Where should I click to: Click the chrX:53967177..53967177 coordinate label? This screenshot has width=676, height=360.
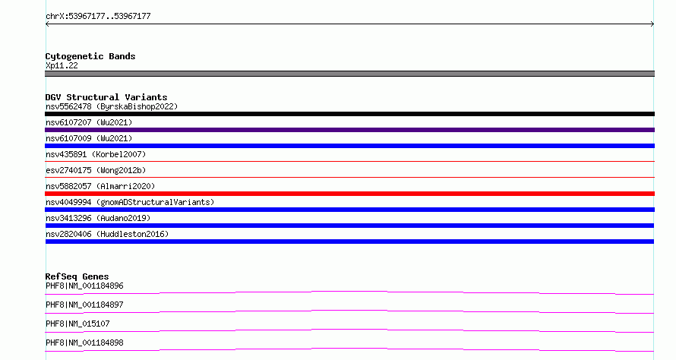pos(98,17)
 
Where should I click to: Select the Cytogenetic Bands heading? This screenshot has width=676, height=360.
pos(90,56)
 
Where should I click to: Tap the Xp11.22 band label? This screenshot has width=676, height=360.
pos(62,65)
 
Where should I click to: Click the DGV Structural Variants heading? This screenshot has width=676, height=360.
pos(106,97)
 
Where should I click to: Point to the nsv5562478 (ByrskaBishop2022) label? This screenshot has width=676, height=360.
pos(112,106)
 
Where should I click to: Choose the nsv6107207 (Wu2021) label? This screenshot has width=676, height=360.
pos(89,122)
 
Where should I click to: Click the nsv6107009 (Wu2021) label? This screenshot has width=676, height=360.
pos(89,138)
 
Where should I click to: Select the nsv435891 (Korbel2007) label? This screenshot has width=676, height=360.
pos(96,154)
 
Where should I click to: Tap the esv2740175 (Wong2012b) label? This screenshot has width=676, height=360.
pos(96,170)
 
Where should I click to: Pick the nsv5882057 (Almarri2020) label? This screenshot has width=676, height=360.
pos(100,186)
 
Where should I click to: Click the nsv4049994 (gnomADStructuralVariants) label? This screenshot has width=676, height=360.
pos(130,202)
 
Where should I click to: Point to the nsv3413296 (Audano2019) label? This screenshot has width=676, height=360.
pos(98,218)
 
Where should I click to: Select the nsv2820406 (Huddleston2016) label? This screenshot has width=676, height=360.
pos(107,234)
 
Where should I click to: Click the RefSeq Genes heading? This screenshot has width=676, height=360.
pos(77,276)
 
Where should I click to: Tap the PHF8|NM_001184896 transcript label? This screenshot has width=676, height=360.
pos(84,286)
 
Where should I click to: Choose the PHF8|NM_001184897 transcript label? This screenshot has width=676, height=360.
pos(84,305)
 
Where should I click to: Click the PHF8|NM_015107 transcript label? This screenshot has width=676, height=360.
pos(77,324)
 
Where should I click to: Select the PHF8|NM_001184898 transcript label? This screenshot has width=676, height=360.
pos(84,343)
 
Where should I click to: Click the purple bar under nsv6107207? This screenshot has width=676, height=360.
pos(349,130)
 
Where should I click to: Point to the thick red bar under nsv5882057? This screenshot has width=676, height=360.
pos(349,194)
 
